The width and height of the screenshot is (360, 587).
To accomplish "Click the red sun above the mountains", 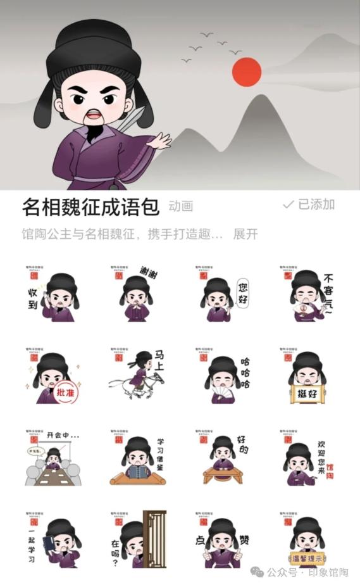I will point(247,71).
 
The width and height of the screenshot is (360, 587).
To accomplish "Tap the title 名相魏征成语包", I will point(90,206).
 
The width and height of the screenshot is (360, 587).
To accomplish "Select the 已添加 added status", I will point(309,205).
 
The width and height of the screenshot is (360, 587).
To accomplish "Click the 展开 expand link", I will point(245,234).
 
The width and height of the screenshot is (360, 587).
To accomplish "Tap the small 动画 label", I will point(181,206).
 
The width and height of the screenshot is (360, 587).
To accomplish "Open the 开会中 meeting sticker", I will point(53,458).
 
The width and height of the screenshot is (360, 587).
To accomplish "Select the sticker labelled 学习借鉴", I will point(137,460).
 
